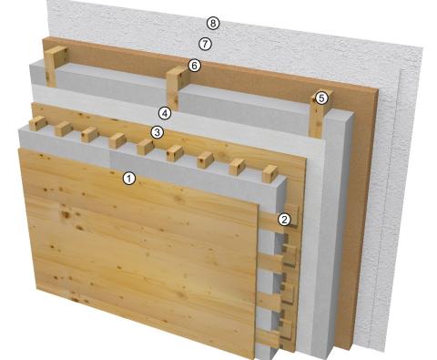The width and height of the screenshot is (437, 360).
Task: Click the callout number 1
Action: [129, 179]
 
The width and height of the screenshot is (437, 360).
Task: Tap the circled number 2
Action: [284, 219]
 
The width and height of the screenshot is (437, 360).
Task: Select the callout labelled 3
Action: [157, 133]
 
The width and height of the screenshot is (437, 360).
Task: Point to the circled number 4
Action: [165, 114]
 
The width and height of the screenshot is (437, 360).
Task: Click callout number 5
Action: [320, 97]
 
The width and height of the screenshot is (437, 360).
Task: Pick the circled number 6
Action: [194, 66]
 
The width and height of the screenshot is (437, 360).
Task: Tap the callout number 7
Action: [205, 43]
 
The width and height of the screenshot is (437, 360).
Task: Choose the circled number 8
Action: [213, 22]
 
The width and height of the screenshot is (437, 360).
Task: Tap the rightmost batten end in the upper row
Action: [269, 172]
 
